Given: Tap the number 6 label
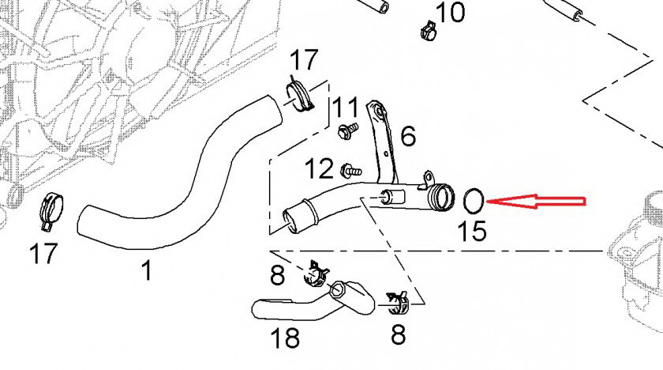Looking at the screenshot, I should [x=407, y=136].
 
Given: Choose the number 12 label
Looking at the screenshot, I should [x=320, y=168].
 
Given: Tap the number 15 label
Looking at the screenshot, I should [x=474, y=230].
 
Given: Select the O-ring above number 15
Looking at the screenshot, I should [x=474, y=202].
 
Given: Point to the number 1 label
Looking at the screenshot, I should [x=146, y=270].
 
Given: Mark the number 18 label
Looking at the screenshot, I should [x=285, y=338].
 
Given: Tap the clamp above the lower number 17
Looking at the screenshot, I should [x=51, y=210].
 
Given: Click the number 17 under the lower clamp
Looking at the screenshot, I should [x=44, y=254].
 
